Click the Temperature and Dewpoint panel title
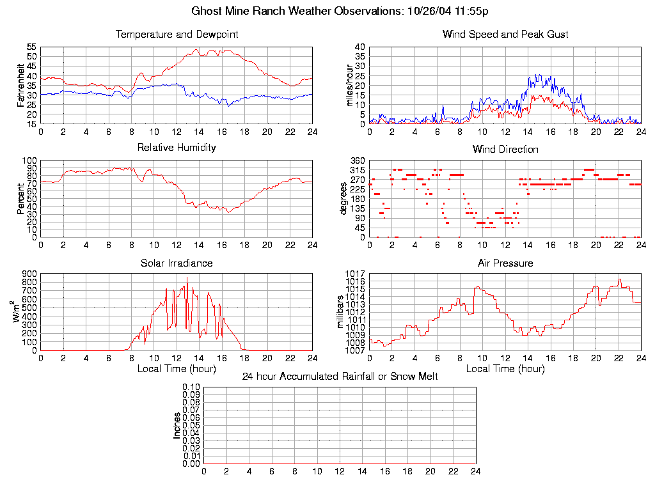pyautogui.click(x=177, y=34)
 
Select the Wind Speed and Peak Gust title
pyautogui.click(x=505, y=34)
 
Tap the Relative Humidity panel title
pyautogui.click(x=177, y=148)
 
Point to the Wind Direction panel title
pyautogui.click(x=505, y=150)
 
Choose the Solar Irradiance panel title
pyautogui.click(x=177, y=263)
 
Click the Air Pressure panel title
pyautogui.click(x=505, y=263)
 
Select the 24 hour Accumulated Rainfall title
pyautogui.click(x=340, y=377)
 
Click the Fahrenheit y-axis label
pyautogui.click(x=21, y=85)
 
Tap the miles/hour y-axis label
pyautogui.click(x=350, y=85)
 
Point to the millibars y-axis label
pyautogui.click(x=341, y=312)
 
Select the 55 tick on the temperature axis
pyautogui.click(x=31, y=47)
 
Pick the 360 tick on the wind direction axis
pyautogui.click(x=357, y=160)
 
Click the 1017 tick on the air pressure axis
pyautogui.click(x=355, y=274)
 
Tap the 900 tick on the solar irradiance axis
pyautogui.click(x=29, y=274)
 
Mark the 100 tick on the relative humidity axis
pyautogui.click(x=29, y=160)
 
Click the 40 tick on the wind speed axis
pyautogui.click(x=359, y=47)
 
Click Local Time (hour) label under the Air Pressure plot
pyautogui.click(x=505, y=369)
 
